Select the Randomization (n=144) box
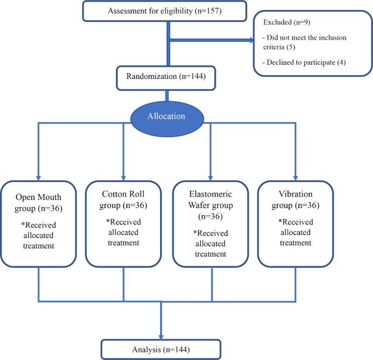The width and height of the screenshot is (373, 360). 161,77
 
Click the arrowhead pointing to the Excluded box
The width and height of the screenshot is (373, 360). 252,40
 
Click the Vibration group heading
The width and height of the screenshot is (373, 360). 295,198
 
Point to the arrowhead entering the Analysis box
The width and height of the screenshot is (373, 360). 161,335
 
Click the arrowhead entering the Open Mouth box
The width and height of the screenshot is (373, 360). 38,176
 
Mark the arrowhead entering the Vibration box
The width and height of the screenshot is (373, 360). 295,176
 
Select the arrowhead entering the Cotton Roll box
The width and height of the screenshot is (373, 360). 124,176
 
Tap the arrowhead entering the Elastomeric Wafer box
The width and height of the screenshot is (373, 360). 211,176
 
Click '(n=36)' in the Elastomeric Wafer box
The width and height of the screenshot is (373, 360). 211,216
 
